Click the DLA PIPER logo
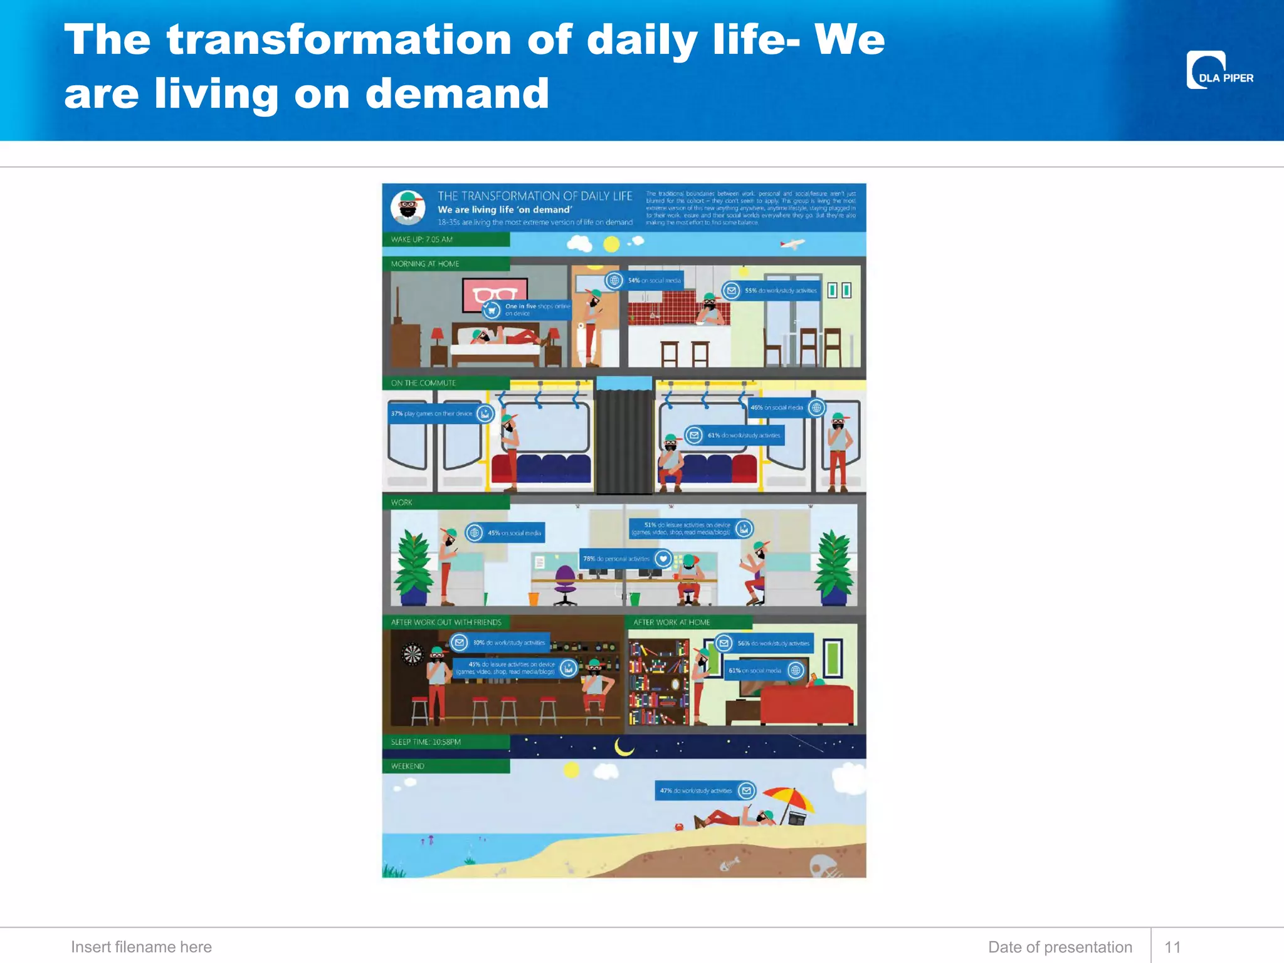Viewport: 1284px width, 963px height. pos(1219,70)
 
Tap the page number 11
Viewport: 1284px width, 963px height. pos(1172,947)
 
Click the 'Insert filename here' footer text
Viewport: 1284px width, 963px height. pos(141,947)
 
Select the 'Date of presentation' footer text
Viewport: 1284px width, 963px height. pos(1060,947)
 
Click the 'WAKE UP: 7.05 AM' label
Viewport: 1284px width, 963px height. pos(422,239)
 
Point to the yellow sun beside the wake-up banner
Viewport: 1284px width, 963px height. pos(611,244)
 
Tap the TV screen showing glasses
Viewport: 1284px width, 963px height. pos(494,294)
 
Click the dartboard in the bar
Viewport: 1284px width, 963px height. pos(413,655)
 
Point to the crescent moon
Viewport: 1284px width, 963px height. pos(623,746)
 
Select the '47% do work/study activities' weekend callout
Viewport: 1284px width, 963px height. pos(705,791)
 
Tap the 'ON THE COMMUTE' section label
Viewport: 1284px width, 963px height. pos(424,383)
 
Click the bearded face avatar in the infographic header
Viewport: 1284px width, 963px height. pos(408,208)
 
